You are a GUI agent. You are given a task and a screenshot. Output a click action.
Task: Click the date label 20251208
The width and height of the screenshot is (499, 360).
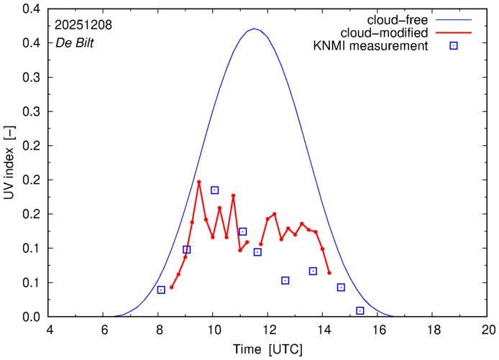tap(83, 24)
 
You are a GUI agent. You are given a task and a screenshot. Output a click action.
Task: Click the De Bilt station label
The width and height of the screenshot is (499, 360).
tap(75, 42)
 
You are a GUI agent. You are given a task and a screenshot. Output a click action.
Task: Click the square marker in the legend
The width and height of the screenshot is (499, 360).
tap(454, 47)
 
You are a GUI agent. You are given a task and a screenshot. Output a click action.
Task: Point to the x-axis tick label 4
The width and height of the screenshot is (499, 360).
tap(50, 330)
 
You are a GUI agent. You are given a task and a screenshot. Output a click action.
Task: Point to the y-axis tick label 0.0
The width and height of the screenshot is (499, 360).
tap(29, 317)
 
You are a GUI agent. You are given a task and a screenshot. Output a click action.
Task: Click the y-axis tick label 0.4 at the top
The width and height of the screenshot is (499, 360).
tap(29, 9)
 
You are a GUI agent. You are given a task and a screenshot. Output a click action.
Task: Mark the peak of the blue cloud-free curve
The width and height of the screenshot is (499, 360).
tap(254, 29)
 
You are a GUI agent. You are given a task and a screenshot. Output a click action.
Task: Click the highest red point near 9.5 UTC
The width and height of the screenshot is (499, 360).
tap(199, 183)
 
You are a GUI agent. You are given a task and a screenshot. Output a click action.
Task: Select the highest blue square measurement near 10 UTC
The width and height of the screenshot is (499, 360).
tap(215, 190)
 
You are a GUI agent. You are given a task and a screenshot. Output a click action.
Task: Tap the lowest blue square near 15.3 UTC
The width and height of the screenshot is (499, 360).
tap(360, 310)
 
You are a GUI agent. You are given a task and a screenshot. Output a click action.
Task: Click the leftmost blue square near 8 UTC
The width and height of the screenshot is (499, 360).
tap(161, 290)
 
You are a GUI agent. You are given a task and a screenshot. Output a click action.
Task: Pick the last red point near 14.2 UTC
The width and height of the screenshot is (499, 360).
tap(329, 273)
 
